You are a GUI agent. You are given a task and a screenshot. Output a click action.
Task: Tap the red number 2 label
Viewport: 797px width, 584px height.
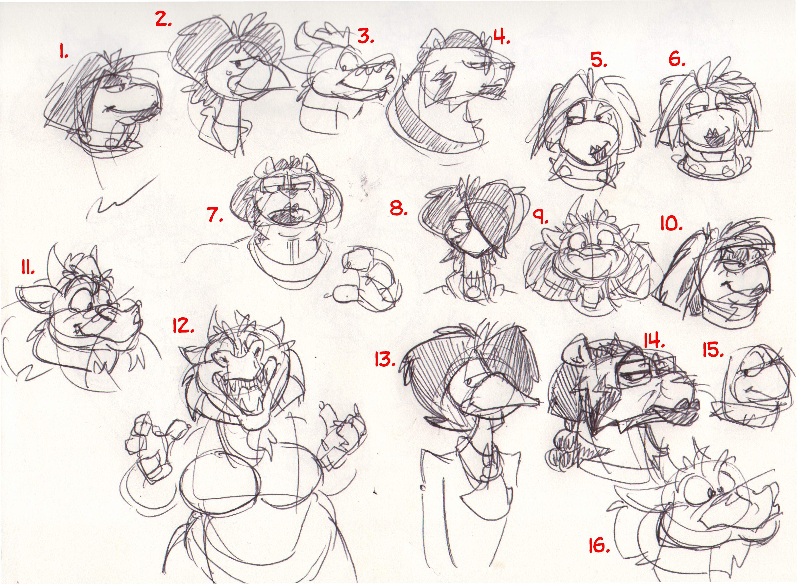(163, 20)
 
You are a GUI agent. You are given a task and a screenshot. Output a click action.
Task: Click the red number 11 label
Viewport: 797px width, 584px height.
(27, 269)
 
